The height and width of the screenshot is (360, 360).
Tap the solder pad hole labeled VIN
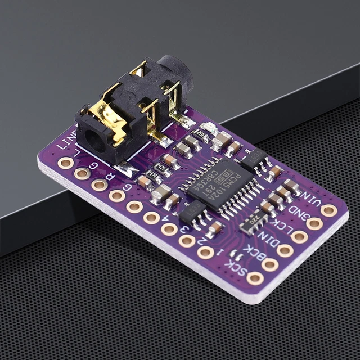(329, 210)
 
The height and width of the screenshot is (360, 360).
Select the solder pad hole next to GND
(314, 223)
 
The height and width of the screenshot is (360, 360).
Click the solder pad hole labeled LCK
(300, 237)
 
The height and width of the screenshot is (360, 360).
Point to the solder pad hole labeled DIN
(285, 250)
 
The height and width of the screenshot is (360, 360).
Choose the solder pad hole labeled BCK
(270, 264)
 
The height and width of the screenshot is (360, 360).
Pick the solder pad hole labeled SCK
(255, 278)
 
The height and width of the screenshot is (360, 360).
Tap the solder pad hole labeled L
(65, 163)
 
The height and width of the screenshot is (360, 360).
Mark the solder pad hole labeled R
(100, 184)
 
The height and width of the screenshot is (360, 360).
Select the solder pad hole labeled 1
(205, 252)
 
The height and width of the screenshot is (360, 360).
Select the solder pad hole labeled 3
(169, 229)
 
